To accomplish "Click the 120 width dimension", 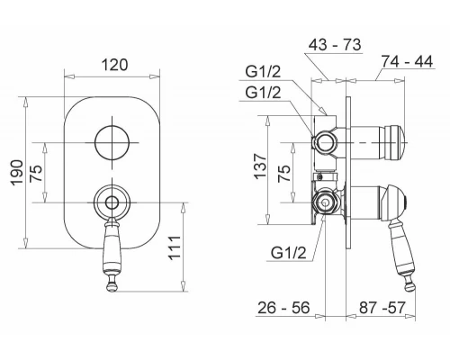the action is point(114,65).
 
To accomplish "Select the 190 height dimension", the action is point(17,173).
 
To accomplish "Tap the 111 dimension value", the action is point(175,247).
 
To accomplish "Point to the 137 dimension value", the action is point(260,166).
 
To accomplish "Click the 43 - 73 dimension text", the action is point(335,45).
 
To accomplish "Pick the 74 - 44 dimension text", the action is point(407,61).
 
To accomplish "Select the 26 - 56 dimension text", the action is point(283,308).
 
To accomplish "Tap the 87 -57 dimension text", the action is point(382,308).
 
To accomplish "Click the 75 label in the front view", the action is point(37,173).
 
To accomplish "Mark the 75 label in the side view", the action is point(284,173).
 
